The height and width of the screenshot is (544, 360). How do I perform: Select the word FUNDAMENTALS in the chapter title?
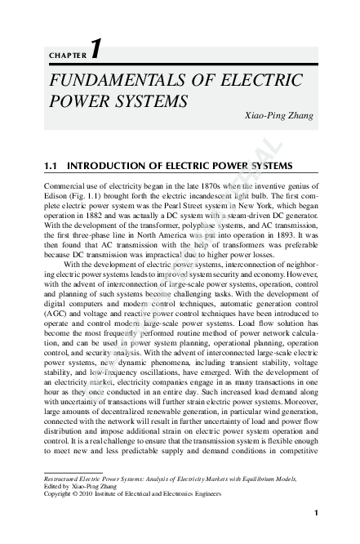(x=113, y=82)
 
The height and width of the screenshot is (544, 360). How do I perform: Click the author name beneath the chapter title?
(x=279, y=116)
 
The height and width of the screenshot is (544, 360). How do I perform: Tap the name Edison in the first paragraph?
(x=55, y=197)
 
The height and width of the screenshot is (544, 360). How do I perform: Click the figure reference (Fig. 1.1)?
(x=87, y=197)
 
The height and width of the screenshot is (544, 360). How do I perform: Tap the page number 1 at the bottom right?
(x=315, y=513)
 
